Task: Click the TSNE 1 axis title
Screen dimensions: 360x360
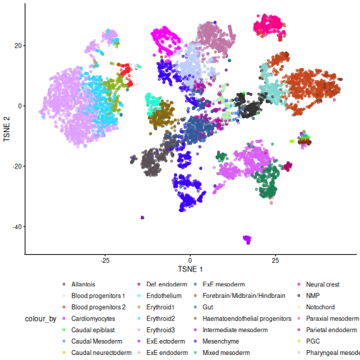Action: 190,269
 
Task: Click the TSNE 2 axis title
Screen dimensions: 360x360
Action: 6,129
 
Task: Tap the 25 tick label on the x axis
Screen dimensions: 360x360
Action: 275,260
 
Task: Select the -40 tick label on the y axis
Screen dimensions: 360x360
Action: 17,226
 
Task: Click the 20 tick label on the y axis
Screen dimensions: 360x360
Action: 19,46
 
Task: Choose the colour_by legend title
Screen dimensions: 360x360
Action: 41,319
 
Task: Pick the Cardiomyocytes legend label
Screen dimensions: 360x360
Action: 93,319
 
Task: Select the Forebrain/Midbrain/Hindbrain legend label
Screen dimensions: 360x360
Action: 244,296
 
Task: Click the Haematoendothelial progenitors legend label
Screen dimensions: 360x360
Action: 247,319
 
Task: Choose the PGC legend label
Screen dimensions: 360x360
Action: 313,341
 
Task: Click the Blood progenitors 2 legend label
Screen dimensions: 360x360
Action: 99,307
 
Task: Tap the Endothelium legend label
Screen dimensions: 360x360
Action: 164,296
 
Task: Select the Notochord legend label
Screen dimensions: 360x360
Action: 320,307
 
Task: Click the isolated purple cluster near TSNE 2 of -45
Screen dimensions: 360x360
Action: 247,239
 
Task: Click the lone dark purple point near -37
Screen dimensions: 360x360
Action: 142,217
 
